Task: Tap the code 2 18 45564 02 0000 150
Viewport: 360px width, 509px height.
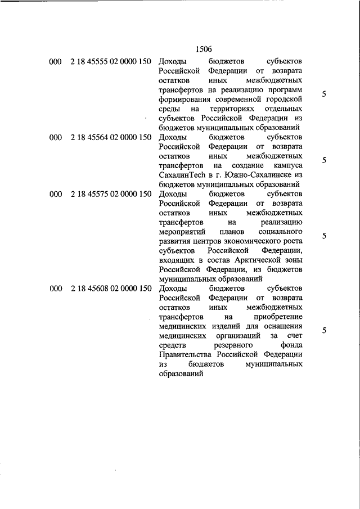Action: pos(111,137)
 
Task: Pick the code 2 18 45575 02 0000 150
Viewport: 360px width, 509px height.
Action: pos(111,194)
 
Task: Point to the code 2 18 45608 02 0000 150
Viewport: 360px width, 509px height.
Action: pos(111,289)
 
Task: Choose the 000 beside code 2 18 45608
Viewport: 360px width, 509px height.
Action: pos(55,289)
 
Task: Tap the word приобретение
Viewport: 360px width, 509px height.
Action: pos(280,317)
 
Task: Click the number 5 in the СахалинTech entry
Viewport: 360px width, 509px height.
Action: pos(324,160)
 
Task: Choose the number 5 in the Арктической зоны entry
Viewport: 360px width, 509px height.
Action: pos(324,236)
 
